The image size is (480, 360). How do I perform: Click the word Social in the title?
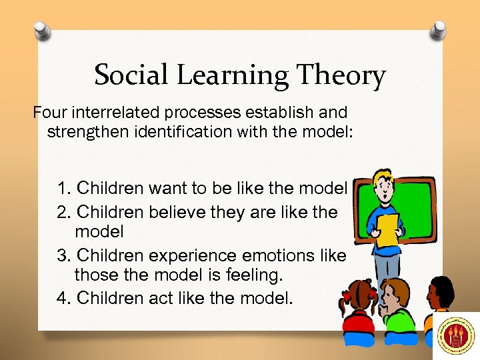point(129,75)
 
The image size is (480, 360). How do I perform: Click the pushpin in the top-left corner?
point(42,30)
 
